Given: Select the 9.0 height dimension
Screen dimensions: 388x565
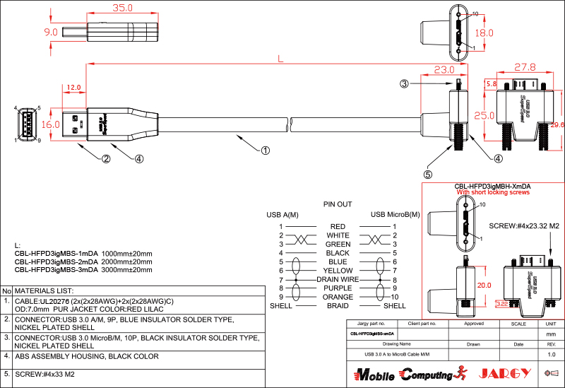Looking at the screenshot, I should pos(51,33).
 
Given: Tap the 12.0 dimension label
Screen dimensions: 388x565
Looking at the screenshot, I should pos(73,88).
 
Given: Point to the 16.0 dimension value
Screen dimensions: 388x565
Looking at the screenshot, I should pos(51,124).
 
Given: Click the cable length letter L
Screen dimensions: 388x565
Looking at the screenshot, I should pos(281,59).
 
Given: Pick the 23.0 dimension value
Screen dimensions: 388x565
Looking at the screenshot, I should pos(444,70).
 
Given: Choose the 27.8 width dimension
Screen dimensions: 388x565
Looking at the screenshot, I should pos(524,68).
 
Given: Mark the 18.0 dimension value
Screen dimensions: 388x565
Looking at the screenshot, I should pos(484,33).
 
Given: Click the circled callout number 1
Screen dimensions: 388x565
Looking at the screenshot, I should pos(266,150).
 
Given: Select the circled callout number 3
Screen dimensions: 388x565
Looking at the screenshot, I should pos(405,83).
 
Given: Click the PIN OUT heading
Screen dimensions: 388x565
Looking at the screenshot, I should pos(338,204).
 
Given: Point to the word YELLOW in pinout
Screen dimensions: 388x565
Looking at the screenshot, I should pos(338,271).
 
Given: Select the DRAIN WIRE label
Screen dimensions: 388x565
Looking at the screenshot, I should pos(338,279).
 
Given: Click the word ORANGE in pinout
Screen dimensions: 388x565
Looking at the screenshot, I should pos(338,297).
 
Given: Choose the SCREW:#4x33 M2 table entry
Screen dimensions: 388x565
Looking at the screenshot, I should pos(44,375).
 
